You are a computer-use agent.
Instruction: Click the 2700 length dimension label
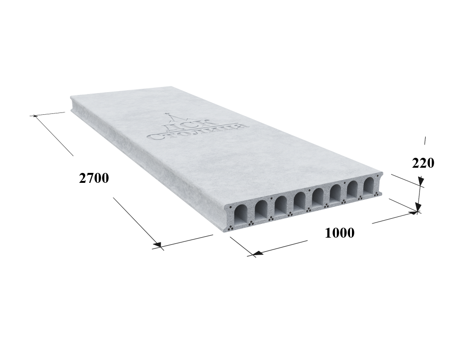point(94,178)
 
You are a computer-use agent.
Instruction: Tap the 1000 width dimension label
point(340,233)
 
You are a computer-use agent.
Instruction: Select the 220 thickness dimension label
point(423,163)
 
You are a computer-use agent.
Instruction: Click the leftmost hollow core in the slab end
point(241,214)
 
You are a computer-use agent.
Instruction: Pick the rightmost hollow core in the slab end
point(368,186)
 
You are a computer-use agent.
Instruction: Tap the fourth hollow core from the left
point(299,201)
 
